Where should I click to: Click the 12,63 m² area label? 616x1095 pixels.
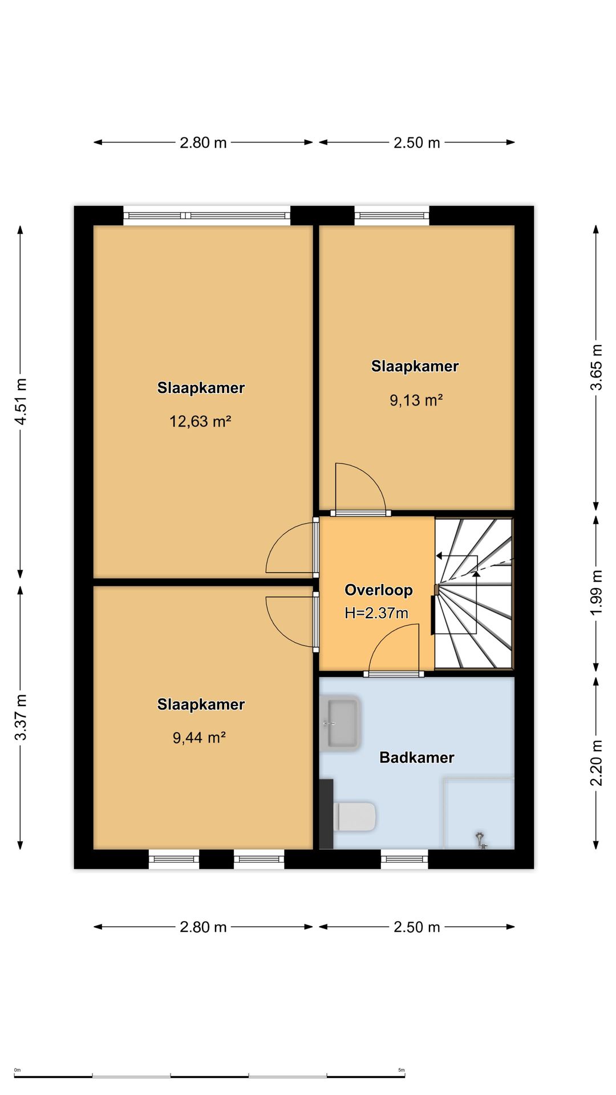point(200,421)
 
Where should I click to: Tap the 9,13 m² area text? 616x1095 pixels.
point(416,400)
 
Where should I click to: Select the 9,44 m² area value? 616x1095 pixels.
point(200,738)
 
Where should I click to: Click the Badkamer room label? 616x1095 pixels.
point(417,757)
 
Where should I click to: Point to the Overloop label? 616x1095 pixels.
point(379,590)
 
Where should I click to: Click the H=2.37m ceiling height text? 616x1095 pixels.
point(376,613)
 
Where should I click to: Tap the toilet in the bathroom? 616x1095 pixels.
point(355,817)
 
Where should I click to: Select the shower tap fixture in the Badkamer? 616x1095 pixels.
point(481,840)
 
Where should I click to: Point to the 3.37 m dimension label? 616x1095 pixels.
point(21,717)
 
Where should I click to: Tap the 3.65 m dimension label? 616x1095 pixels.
point(596,367)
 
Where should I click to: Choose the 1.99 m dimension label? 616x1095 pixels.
point(596,593)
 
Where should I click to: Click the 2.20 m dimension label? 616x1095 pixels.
point(596,763)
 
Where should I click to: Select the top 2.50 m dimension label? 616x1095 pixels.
point(417,143)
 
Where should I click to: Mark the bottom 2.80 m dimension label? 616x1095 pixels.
point(203,927)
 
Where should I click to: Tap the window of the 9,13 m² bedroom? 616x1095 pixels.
point(392,216)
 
